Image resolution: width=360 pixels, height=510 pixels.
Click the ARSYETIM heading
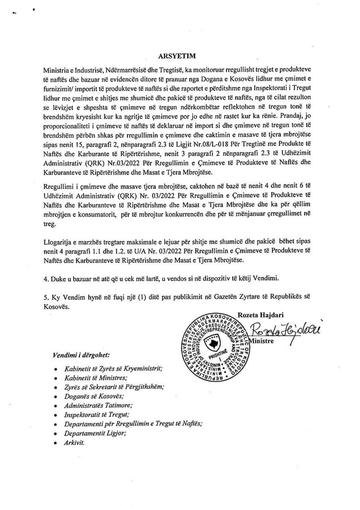177,56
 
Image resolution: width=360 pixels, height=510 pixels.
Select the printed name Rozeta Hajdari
260,315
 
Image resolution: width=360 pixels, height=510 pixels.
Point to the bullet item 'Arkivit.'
74,443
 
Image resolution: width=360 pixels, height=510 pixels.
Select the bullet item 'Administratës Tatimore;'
98,406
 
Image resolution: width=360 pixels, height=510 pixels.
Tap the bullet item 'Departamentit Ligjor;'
95,433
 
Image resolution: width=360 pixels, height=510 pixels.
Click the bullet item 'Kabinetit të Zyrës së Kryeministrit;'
113,369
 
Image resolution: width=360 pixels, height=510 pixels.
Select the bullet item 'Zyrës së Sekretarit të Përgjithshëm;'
114,387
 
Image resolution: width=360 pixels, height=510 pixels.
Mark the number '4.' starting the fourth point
46,279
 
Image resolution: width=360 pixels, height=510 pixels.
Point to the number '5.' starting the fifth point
46,297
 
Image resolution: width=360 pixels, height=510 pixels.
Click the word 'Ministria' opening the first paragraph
56,70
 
